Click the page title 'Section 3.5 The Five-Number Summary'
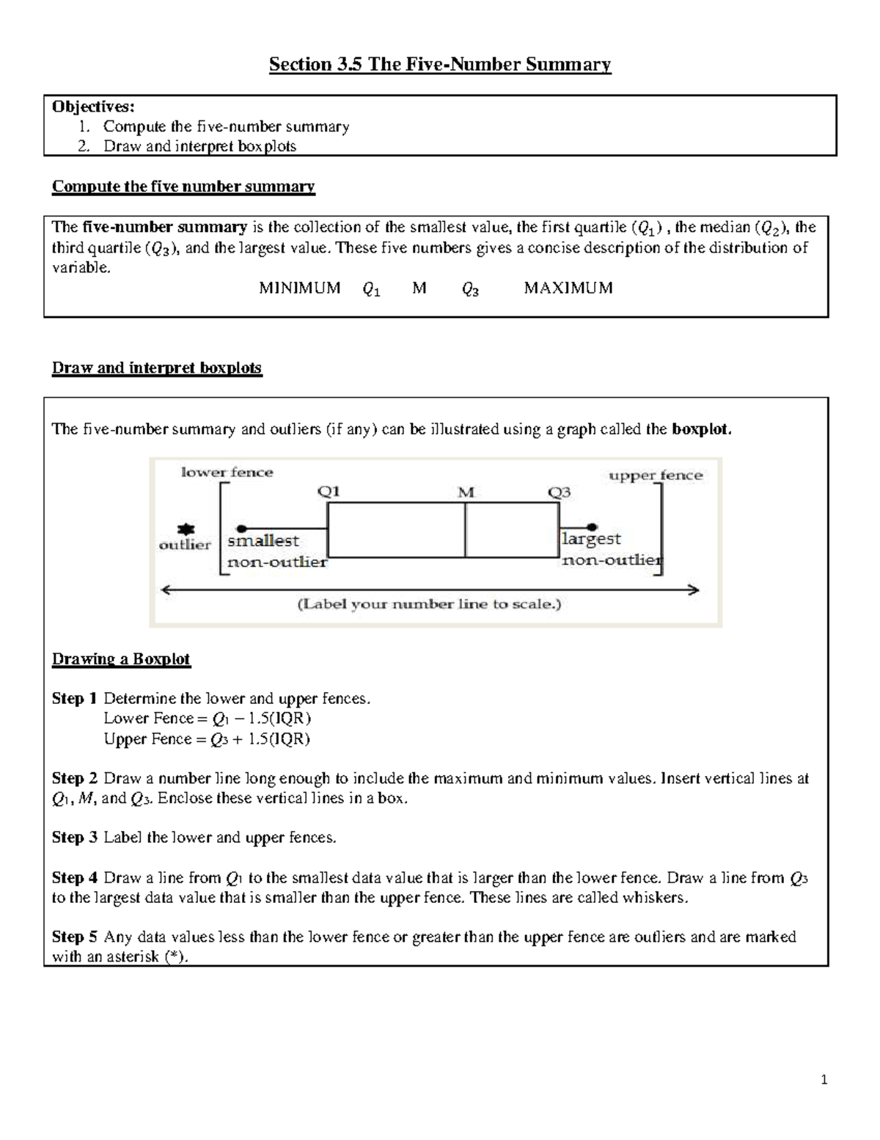[439, 65]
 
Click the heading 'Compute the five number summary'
[183, 186]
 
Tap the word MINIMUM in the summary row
[300, 288]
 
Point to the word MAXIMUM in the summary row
[568, 288]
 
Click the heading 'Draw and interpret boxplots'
[157, 368]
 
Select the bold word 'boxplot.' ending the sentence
[702, 429]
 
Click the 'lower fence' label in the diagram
[227, 473]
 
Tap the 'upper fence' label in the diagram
[656, 476]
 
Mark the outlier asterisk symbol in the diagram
[186, 529]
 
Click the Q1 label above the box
[329, 492]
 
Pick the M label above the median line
[466, 493]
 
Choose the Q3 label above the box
[560, 493]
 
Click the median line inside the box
[465, 530]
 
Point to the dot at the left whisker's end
[241, 528]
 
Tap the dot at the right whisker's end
[593, 526]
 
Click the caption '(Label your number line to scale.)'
[429, 605]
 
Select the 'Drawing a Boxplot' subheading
[121, 659]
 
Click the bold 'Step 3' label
[74, 838]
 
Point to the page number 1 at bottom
[824, 1079]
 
